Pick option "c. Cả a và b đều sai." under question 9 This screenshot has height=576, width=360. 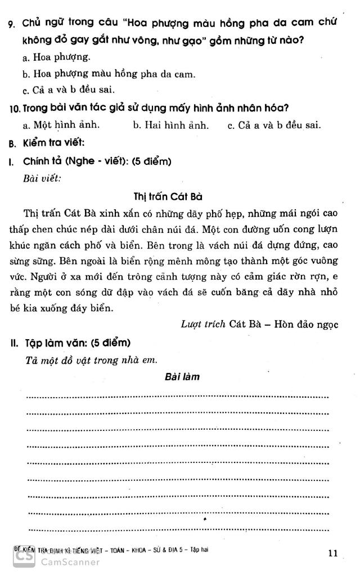[69, 89]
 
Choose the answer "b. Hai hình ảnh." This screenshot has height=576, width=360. [170, 125]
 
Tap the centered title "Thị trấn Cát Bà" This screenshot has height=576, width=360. [168, 196]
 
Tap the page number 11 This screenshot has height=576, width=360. [332, 553]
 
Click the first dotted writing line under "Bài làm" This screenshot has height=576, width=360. [177, 397]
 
